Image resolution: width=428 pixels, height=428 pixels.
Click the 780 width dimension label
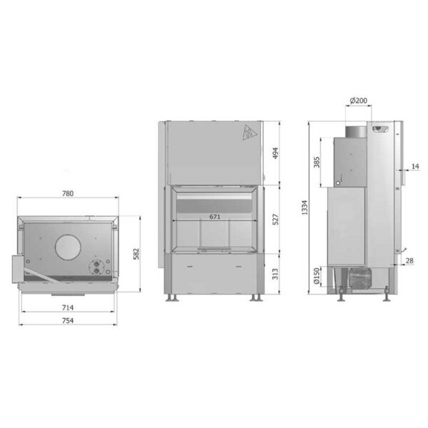68,193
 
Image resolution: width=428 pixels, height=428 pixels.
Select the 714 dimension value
68,307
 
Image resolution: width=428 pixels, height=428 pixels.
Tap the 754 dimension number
68,320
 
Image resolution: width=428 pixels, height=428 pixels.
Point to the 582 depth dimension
136,254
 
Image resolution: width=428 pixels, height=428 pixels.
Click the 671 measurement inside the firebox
215,217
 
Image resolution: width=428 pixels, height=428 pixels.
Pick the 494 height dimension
275,153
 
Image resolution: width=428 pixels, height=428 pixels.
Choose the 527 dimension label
275,220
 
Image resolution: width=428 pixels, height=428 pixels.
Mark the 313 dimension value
275,274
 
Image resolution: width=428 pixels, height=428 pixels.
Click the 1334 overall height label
305,208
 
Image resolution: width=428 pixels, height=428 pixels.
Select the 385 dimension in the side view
317,162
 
